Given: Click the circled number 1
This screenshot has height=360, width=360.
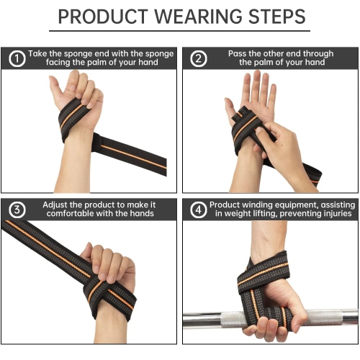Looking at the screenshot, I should pyautogui.click(x=14, y=58).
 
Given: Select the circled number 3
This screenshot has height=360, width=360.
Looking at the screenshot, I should pyautogui.click(x=14, y=210).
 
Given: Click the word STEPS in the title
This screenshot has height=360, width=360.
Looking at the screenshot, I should pyautogui.click(x=274, y=16).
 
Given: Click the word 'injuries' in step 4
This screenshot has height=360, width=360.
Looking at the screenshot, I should pyautogui.click(x=334, y=214).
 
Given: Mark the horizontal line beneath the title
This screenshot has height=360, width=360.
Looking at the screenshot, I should pyautogui.click(x=179, y=31).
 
